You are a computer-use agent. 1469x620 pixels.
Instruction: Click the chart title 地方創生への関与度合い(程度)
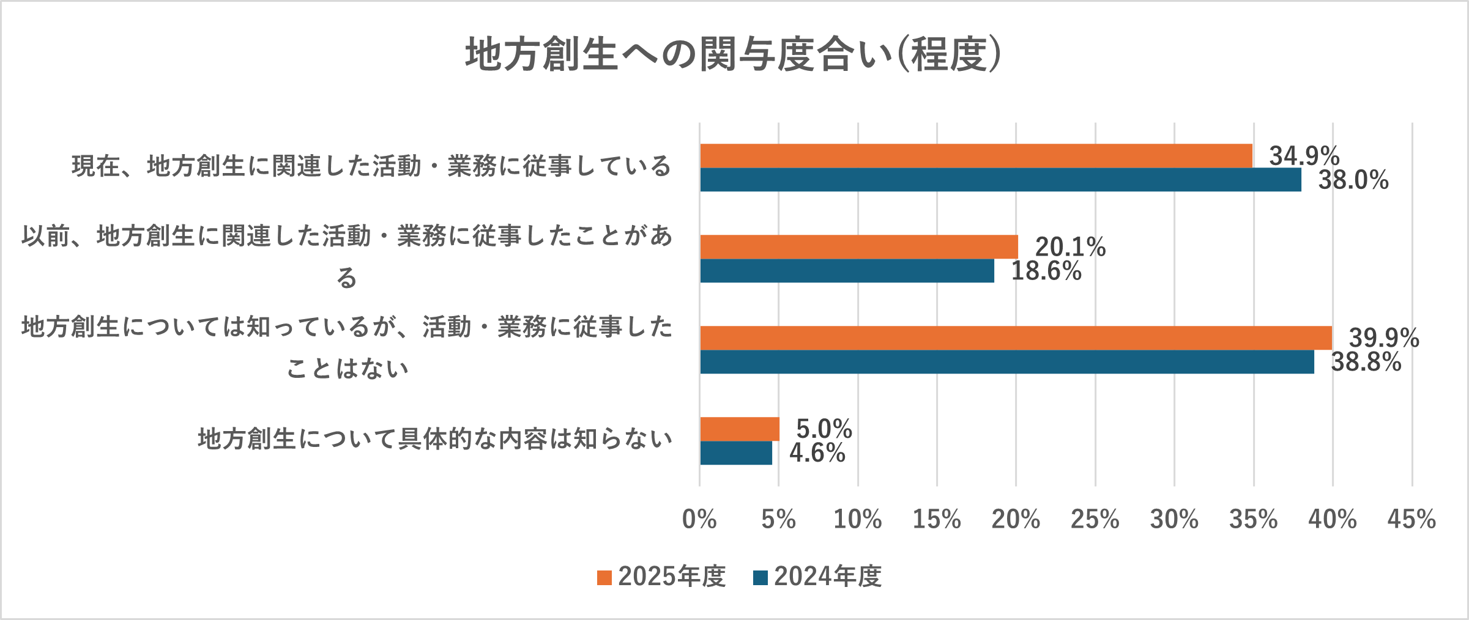point(733,54)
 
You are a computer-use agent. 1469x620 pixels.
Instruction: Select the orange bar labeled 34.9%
point(976,156)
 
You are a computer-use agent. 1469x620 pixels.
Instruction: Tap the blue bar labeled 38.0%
point(1000,180)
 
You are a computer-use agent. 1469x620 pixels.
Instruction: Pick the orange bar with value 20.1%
point(859,247)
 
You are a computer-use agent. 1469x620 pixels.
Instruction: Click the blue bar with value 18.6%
point(847,271)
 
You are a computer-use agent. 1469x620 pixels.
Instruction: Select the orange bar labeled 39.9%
point(1016,338)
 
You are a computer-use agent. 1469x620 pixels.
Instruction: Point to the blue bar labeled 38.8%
point(1006,362)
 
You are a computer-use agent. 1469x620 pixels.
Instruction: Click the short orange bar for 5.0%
point(740,429)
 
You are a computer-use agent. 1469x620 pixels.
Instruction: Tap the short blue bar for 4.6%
point(736,453)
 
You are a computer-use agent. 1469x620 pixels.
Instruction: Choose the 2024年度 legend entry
point(818,577)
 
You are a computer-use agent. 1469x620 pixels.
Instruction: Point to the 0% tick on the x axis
point(699,520)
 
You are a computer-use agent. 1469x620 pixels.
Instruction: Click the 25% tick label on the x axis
point(1095,520)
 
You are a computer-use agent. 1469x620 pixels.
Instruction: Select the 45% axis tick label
point(1411,520)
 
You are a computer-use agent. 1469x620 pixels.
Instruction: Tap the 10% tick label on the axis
point(857,520)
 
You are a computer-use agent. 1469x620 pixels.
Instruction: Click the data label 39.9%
point(1384,338)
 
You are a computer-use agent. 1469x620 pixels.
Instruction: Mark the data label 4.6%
point(817,453)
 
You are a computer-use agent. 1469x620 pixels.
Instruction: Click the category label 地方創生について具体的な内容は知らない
point(435,439)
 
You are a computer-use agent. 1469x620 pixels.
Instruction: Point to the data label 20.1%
point(1070,247)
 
